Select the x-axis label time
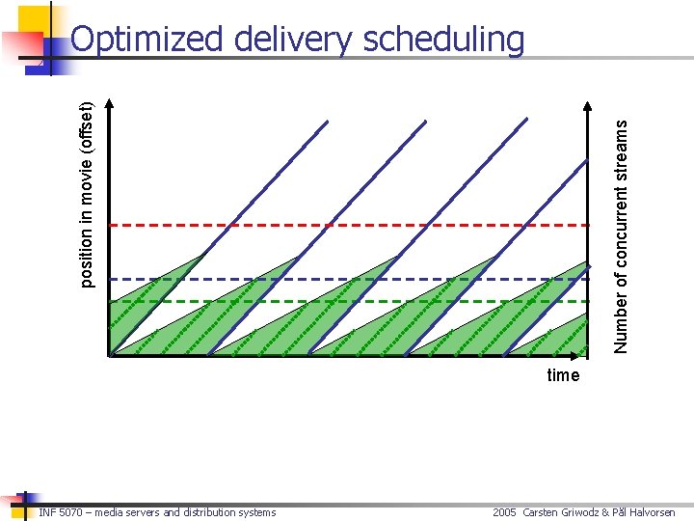pyautogui.click(x=563, y=375)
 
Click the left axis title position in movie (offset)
pyautogui.click(x=87, y=194)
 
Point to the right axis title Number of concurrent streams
pyautogui.click(x=622, y=234)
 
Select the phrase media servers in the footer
pyautogui.click(x=146, y=512)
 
